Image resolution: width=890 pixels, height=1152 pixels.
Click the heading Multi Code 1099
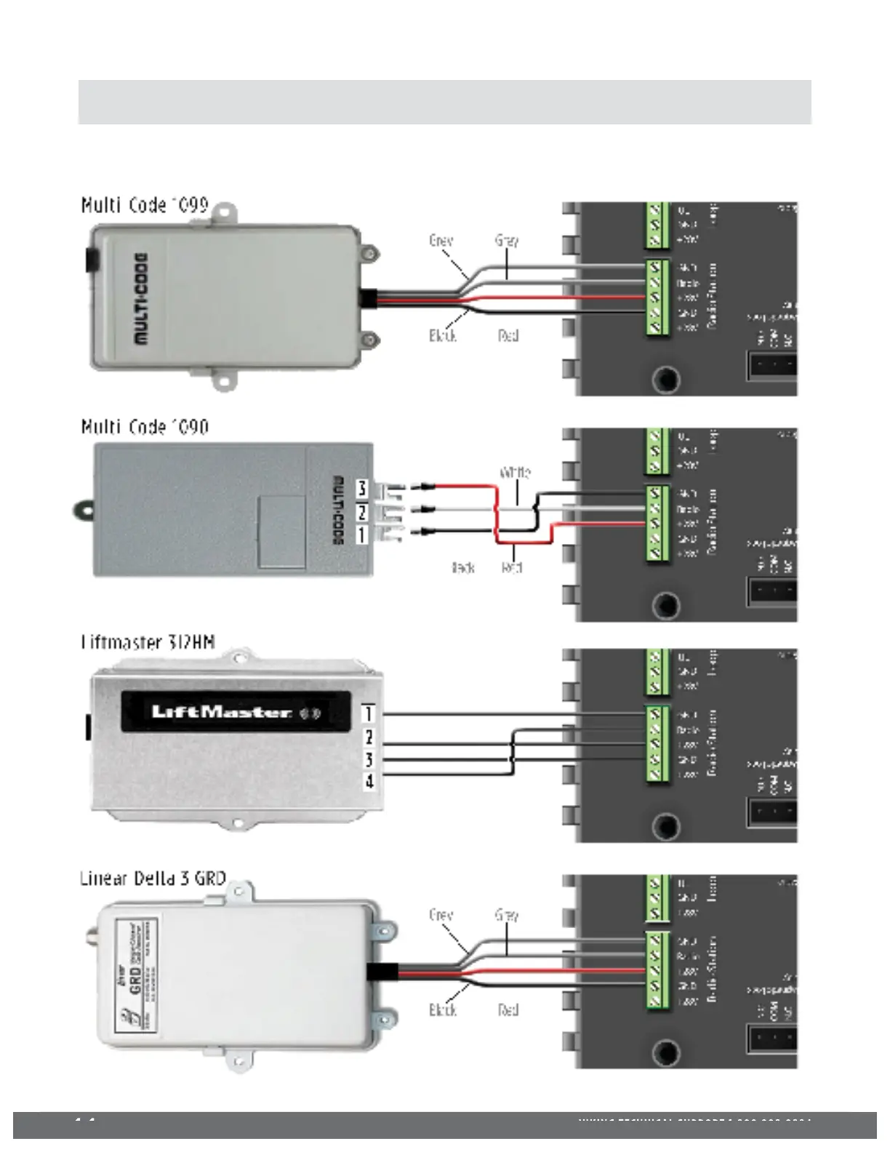[x=145, y=205]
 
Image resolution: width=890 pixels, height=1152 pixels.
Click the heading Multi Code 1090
[x=145, y=426]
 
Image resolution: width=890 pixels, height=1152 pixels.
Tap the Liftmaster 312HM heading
[x=148, y=642]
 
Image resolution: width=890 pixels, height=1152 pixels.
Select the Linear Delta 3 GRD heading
[x=153, y=878]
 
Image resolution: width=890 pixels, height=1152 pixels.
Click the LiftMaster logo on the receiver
[x=222, y=711]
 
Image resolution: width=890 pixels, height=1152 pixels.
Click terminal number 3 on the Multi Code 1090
[x=361, y=488]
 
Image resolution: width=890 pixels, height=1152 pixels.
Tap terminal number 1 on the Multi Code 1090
[x=361, y=535]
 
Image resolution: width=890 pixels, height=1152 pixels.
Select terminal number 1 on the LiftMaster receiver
[x=369, y=713]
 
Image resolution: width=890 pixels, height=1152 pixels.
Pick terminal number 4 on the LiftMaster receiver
[x=369, y=783]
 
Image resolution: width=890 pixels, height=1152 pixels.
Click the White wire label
[x=515, y=473]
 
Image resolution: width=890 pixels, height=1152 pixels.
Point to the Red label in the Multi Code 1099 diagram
[x=508, y=335]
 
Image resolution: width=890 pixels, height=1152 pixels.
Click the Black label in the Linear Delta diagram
[x=443, y=1009]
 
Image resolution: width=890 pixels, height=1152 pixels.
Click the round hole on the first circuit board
[x=665, y=379]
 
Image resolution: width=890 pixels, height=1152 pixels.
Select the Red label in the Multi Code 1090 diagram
[x=512, y=567]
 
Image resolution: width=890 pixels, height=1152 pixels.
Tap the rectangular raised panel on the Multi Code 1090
[x=281, y=532]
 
